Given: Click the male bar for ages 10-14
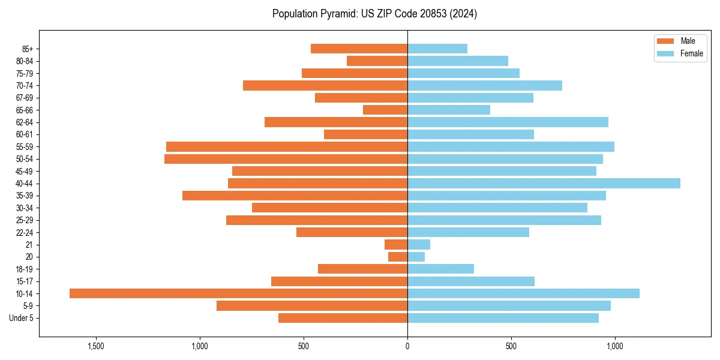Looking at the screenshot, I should point(238,293).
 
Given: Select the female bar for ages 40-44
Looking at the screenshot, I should point(544,184).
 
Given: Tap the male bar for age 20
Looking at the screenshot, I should point(398,257).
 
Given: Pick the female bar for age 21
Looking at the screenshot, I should point(419,245).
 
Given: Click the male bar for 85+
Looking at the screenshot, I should point(359,49).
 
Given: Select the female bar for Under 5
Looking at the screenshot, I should point(503,318).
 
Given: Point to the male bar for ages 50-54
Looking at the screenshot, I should point(286,159).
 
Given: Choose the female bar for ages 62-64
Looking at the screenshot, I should point(508,122).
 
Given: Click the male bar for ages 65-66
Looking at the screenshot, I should point(385,110).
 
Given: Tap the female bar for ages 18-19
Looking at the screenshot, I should point(440,269).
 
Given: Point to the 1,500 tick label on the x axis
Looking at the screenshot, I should point(96,346).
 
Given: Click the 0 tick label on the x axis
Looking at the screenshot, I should point(407,346).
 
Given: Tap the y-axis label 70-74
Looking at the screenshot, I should point(25,86).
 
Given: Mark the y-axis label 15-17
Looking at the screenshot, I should point(25,281).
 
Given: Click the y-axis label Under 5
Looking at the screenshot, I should point(22,318).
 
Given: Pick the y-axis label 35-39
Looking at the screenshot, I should point(25,196).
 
